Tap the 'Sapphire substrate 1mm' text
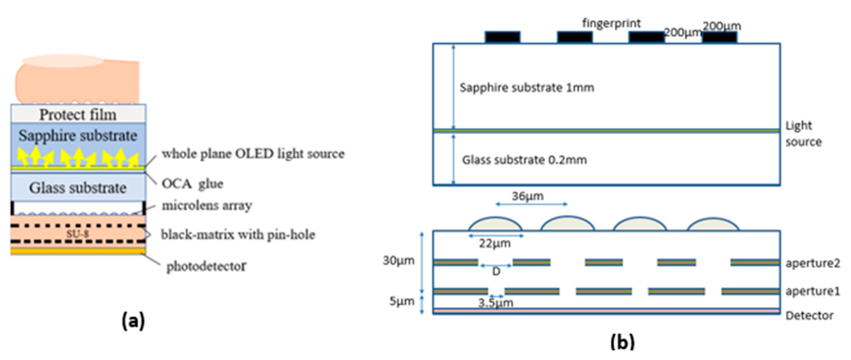pos(527,88)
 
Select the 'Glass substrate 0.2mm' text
pos(524,160)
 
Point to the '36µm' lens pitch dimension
pos(528,196)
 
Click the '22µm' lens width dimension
pos(494,244)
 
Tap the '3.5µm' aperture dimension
pos(496,303)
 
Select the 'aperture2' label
pos(812,263)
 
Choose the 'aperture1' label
pos(812,291)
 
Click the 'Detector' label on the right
pos(809,316)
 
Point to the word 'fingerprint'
pos(611,23)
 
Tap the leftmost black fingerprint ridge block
pos(502,37)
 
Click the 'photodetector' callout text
pos(206,266)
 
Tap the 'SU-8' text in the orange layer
pos(78,234)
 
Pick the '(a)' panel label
pos(133,321)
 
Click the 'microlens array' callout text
pos(207,205)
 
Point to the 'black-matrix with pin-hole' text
pos(238,235)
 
